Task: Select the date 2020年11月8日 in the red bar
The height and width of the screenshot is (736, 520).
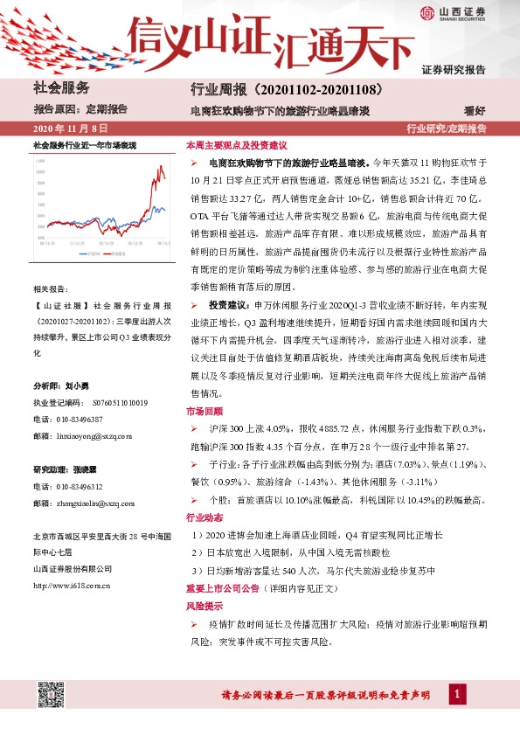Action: (64, 128)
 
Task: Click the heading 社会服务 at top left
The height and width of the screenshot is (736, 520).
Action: (61, 87)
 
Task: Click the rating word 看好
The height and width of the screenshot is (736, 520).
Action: (475, 111)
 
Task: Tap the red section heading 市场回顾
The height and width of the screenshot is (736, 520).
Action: (204, 411)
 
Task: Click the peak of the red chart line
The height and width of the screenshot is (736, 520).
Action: (159, 166)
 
